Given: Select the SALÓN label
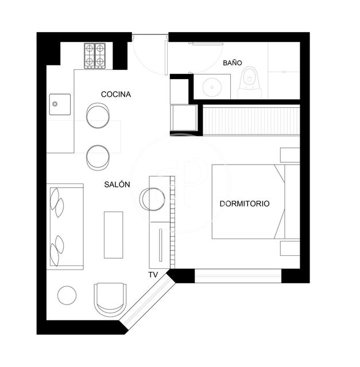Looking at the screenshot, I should (117, 185).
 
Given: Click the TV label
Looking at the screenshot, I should (153, 275).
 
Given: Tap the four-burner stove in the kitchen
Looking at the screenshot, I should (95, 56).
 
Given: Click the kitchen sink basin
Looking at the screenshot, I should (59, 104).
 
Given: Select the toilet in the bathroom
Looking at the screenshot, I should (250, 82).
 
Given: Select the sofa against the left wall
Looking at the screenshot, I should (64, 227).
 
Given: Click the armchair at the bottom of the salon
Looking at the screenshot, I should (109, 298).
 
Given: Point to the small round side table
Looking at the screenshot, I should (67, 295).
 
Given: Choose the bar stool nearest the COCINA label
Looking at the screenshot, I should (98, 115).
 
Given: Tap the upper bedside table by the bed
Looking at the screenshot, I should (289, 155).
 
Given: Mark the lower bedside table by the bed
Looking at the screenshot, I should (289, 248).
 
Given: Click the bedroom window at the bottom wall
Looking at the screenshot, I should (238, 276).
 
